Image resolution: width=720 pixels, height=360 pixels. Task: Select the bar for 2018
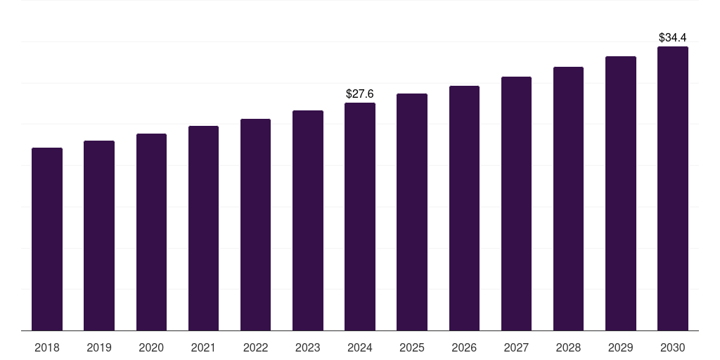tap(47, 239)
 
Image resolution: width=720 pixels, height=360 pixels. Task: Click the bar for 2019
tap(99, 236)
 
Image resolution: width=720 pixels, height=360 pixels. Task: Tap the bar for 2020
tap(151, 232)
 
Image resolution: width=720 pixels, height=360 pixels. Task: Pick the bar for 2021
tap(203, 229)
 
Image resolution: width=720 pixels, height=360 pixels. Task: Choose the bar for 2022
tap(255, 225)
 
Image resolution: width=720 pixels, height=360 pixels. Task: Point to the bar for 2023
tap(308, 221)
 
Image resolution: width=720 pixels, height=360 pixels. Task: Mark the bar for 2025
tap(412, 212)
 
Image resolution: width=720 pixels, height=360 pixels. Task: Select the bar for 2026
tap(464, 208)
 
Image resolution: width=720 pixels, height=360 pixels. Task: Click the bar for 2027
tap(516, 204)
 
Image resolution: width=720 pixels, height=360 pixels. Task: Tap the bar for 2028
tap(568, 199)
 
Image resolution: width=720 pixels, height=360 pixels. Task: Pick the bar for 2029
tap(621, 193)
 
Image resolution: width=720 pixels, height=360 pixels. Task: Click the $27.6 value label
tap(360, 94)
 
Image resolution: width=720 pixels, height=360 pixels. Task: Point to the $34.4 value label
tap(673, 37)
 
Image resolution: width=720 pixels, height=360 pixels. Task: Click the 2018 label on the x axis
tap(47, 347)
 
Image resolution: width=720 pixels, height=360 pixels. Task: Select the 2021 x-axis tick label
tap(203, 347)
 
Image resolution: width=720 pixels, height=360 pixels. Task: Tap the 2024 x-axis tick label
tap(360, 347)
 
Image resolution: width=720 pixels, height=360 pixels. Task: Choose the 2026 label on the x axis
tap(464, 347)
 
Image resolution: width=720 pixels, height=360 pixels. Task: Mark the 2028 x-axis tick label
tap(568, 347)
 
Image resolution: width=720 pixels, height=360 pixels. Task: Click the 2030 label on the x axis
tap(673, 347)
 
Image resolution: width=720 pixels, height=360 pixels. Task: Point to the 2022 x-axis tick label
tap(255, 347)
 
